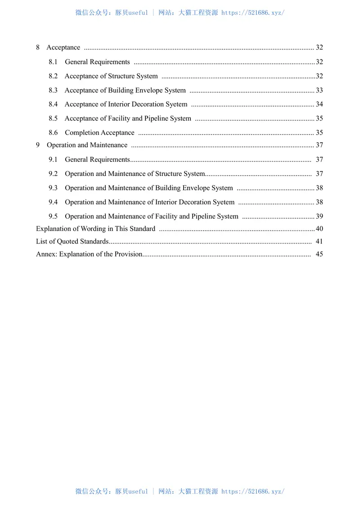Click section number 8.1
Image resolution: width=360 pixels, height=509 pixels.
[x=53, y=62]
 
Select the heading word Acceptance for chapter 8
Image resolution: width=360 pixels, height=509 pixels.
[x=63, y=48]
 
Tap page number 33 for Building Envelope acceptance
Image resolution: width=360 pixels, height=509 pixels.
[x=319, y=90]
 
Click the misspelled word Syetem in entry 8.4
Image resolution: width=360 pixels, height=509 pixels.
[x=176, y=104]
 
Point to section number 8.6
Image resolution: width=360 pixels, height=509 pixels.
[x=53, y=133]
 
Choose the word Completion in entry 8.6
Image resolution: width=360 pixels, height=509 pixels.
[x=82, y=133]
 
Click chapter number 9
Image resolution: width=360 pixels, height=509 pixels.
[x=38, y=145]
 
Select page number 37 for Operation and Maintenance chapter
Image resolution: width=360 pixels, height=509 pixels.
[x=319, y=145]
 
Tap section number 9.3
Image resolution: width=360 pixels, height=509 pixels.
[x=53, y=188]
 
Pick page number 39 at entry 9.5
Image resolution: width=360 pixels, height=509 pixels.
[x=319, y=216]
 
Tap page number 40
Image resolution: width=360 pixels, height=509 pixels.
[x=319, y=229]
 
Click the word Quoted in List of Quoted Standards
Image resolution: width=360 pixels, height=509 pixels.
[x=67, y=242]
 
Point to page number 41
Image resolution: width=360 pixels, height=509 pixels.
[x=319, y=242]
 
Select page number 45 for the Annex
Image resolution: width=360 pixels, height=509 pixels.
[x=319, y=254]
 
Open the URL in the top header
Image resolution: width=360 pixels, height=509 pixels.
[x=253, y=13]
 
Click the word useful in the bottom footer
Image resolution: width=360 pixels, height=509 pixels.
[x=138, y=491]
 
